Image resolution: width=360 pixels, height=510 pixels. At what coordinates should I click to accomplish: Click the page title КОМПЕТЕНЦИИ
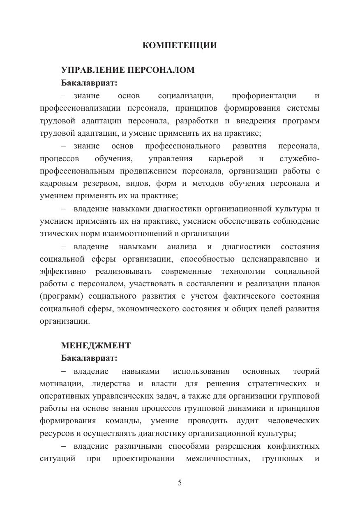point(180,46)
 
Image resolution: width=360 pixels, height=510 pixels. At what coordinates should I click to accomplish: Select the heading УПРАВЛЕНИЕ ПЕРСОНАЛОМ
point(128,70)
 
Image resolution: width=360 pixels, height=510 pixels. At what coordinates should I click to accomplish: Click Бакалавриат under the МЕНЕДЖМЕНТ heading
point(89,358)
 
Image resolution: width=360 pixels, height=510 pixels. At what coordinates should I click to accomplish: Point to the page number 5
point(180,483)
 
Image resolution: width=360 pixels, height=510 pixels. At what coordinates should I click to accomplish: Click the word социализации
point(185,96)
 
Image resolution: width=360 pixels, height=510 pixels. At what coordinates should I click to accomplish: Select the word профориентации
point(264,96)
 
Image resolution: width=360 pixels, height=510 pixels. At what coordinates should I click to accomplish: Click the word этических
point(60,234)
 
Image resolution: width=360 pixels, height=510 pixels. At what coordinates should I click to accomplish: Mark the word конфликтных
point(291,446)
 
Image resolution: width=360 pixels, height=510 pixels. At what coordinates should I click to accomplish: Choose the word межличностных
point(218,459)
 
